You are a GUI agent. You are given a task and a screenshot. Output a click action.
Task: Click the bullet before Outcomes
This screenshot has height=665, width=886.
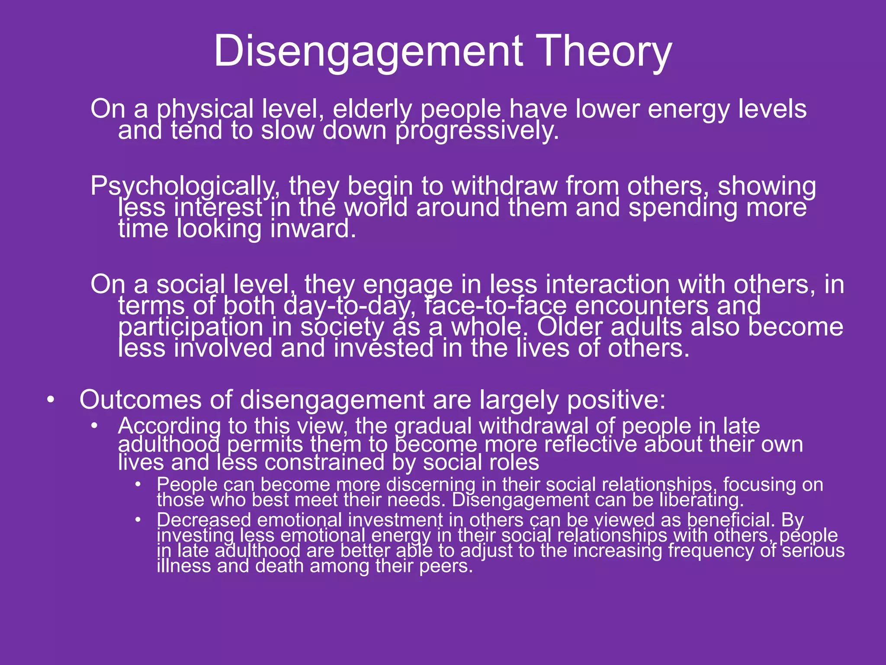[51, 400]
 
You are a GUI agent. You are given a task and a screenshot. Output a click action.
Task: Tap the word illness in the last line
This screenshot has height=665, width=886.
[183, 566]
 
